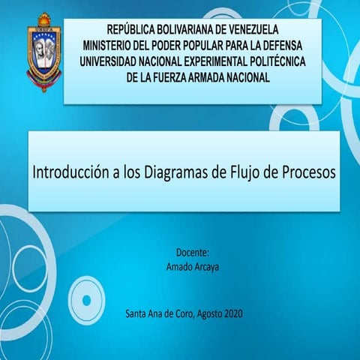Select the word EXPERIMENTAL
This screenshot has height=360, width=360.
(212, 61)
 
